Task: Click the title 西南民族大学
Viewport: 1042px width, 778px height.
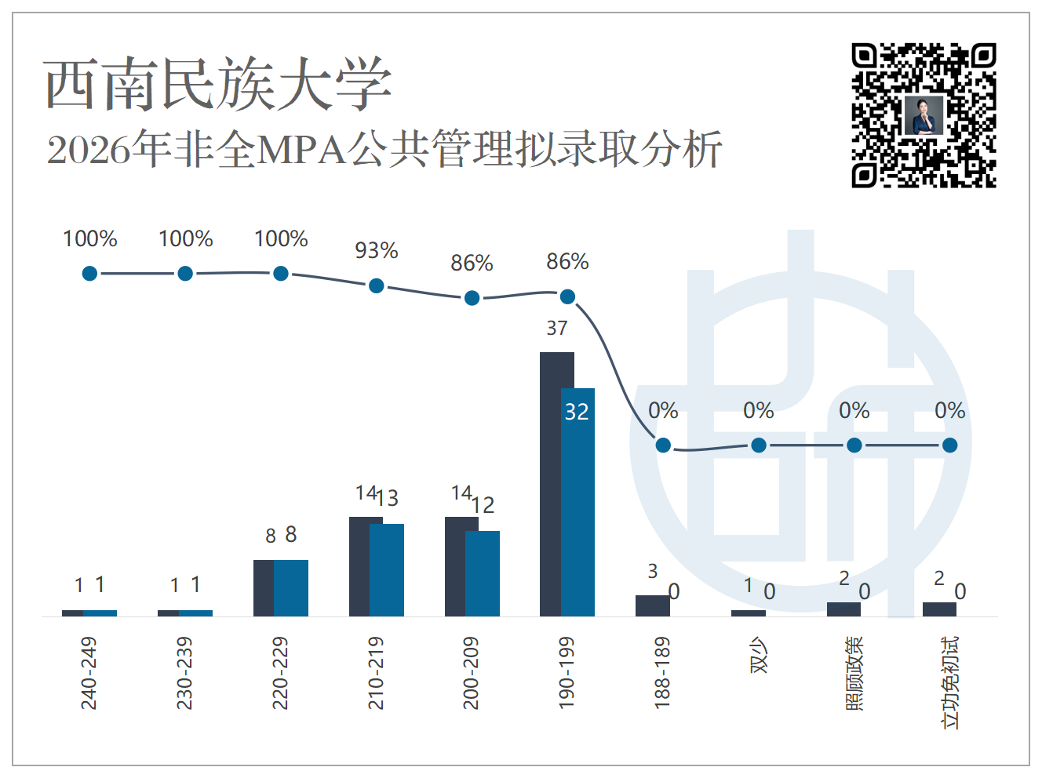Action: tap(218, 85)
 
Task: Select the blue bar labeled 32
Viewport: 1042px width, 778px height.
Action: tap(577, 503)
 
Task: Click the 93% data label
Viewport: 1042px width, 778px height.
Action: tap(377, 250)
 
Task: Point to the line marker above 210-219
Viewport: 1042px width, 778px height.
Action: tap(377, 286)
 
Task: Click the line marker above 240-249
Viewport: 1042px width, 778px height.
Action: tap(89, 274)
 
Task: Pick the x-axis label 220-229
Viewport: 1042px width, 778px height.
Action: tap(280, 673)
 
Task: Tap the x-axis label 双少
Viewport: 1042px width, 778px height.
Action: tap(759, 655)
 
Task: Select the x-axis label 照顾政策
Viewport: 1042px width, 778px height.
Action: tap(854, 673)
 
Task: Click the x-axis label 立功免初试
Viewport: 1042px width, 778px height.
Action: tap(950, 682)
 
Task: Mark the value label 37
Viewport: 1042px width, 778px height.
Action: tap(557, 329)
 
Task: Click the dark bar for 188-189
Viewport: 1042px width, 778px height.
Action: tap(653, 605)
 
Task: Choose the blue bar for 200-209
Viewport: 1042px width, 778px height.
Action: tap(483, 573)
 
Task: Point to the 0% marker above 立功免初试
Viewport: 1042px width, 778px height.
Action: tap(950, 445)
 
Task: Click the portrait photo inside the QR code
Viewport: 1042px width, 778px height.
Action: tap(924, 116)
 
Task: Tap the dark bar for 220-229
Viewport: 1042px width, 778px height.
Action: tap(264, 588)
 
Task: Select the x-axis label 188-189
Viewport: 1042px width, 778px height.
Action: tap(662, 673)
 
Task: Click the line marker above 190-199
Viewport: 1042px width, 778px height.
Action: tap(568, 297)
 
